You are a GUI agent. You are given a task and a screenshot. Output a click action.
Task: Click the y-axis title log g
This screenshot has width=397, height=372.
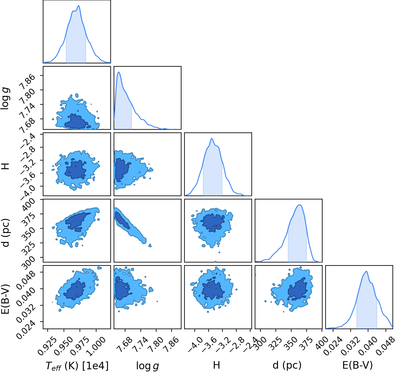[x=5, y=98]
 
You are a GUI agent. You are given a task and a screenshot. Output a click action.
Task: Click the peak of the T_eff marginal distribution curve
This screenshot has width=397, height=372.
[x=79, y=6]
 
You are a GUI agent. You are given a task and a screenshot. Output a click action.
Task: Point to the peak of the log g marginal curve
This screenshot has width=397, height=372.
[x=118, y=72]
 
